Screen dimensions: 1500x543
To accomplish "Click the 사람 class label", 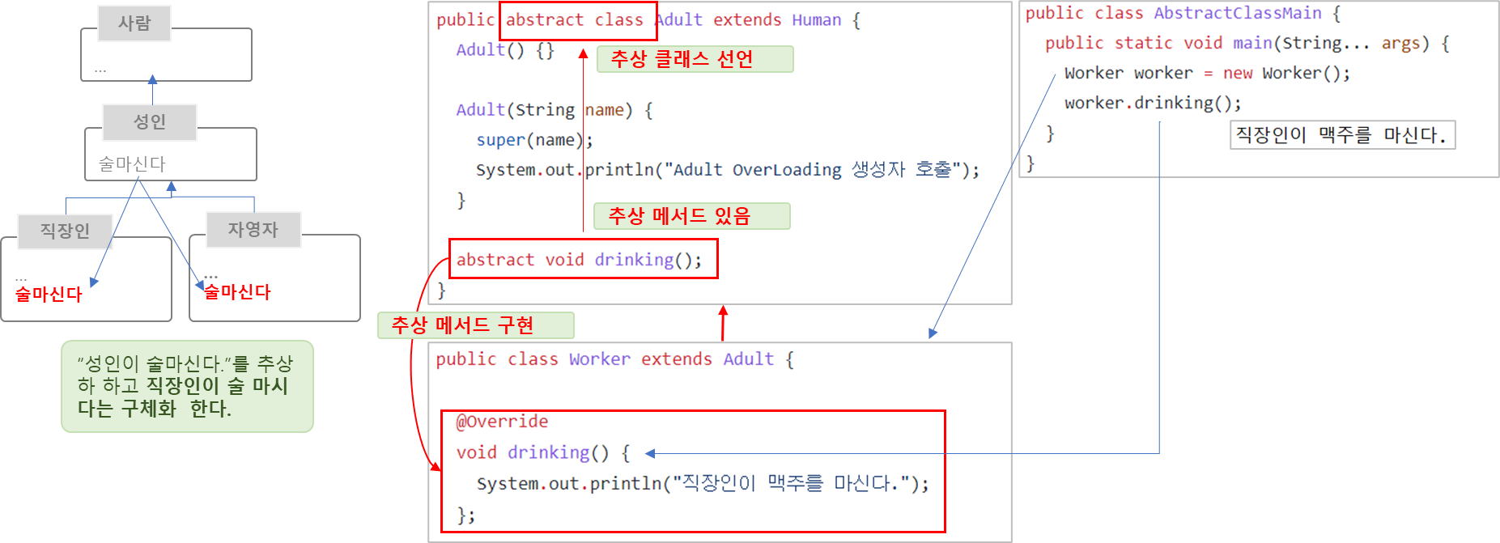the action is tap(134, 23).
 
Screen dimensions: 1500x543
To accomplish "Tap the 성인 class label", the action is tap(150, 122).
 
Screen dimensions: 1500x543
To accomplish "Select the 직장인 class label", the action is tap(65, 231).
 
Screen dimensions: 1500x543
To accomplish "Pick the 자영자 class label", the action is tap(253, 230).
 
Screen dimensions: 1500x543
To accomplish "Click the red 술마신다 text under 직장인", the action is tap(49, 295).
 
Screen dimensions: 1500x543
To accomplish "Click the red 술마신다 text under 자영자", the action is tap(237, 292).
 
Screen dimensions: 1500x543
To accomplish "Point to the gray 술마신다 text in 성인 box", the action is tap(132, 164).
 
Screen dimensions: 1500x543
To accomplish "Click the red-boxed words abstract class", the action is tap(575, 20).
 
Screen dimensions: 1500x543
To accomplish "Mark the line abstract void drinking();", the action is tap(580, 260).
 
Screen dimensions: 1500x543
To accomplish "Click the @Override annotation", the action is tap(502, 422).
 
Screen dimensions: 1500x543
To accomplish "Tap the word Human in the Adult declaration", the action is tap(816, 20).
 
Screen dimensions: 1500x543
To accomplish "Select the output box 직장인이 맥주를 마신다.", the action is tap(1341, 135).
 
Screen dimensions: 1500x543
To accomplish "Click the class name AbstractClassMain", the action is tap(1237, 14).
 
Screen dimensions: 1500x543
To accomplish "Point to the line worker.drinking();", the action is tap(1152, 104).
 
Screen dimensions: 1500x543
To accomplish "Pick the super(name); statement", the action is tap(534, 140).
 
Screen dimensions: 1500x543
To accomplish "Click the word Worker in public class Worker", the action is tap(599, 359).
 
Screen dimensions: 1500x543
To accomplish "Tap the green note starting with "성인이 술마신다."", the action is tap(187, 387).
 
